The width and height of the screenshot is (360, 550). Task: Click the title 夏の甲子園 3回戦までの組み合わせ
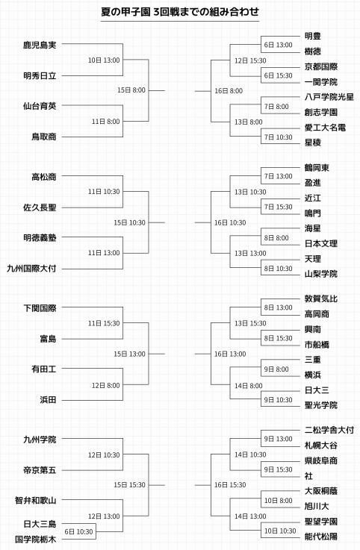(180, 12)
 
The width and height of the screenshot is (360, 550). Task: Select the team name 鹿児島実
(40, 45)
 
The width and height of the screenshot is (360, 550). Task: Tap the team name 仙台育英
(40, 106)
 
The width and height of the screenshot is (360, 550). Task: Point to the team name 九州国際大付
(31, 269)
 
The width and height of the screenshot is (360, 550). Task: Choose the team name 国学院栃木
(35, 539)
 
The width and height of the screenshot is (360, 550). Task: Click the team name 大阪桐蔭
(321, 491)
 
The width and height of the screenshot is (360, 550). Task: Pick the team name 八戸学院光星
(329, 97)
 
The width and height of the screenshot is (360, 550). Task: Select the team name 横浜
(313, 375)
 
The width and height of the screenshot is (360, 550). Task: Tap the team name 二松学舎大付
(329, 430)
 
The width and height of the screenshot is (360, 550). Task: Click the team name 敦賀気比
(321, 299)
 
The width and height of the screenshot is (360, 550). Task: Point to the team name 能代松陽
(321, 537)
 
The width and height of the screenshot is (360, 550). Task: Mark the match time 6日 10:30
(78, 532)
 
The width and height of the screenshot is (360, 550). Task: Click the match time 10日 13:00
(104, 60)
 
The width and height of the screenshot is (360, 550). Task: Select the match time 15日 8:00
(131, 90)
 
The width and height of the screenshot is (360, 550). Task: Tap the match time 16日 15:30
(230, 485)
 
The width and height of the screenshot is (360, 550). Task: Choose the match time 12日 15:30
(250, 60)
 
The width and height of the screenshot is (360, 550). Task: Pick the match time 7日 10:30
(278, 137)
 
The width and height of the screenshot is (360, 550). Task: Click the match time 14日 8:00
(249, 386)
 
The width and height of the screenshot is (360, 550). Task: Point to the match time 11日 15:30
(104, 323)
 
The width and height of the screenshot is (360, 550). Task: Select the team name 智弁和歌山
(35, 500)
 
